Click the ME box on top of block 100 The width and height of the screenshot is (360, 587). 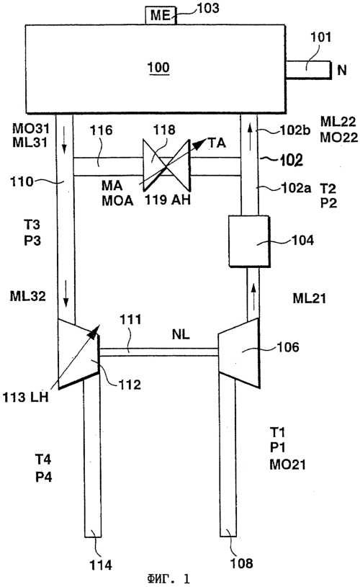[161, 16]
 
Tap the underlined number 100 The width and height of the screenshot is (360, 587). [158, 68]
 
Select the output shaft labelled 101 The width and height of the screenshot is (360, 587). [309, 70]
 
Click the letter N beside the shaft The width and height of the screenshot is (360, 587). [342, 70]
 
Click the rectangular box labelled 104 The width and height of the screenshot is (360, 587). [249, 241]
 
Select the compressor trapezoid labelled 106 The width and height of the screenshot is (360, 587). [239, 353]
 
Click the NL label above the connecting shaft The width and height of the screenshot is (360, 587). [181, 334]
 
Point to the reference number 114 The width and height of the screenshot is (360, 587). [101, 565]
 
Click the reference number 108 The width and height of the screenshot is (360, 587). [241, 563]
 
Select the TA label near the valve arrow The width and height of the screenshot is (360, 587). [217, 143]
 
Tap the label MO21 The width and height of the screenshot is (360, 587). [288, 465]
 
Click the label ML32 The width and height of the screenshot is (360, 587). [27, 296]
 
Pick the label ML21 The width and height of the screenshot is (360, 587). [309, 298]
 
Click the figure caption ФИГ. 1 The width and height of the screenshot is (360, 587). [168, 579]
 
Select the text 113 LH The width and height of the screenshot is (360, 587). [26, 397]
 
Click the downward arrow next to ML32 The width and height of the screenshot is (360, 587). [66, 297]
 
